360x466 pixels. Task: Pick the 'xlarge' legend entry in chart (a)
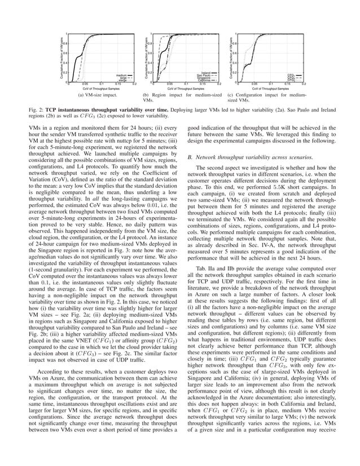click(121, 81)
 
